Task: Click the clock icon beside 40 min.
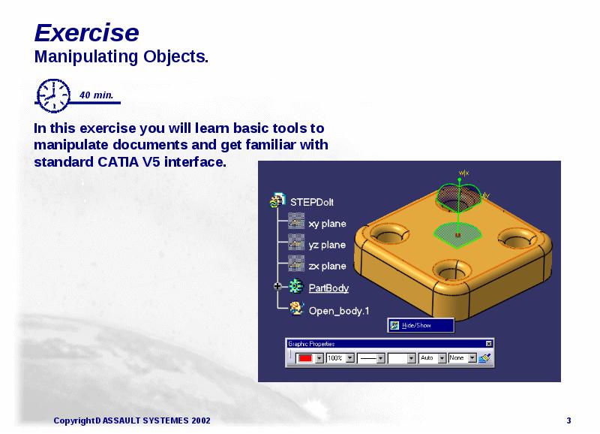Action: coord(52,95)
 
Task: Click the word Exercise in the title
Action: coord(86,33)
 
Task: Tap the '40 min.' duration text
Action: coord(96,95)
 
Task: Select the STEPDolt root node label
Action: coord(310,201)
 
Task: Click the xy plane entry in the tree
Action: coord(327,224)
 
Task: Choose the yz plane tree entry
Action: coord(327,245)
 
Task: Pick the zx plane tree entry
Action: coord(327,266)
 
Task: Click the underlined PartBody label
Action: coord(328,288)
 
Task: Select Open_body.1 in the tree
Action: coord(339,309)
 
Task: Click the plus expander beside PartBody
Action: coord(277,287)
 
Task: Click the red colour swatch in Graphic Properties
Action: coord(305,358)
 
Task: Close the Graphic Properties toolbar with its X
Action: coord(489,344)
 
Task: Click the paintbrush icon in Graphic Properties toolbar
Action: coord(484,358)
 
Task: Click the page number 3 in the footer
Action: coord(569,420)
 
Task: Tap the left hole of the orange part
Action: coord(388,234)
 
